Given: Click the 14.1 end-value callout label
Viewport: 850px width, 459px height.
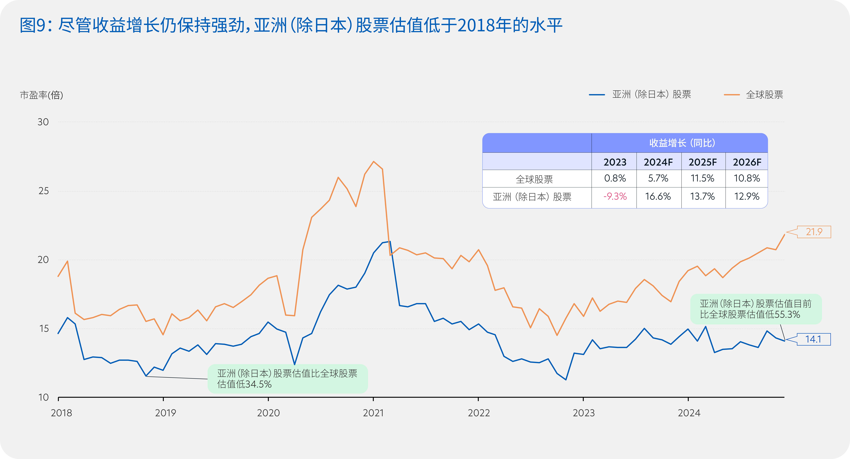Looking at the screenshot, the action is click(x=813, y=339).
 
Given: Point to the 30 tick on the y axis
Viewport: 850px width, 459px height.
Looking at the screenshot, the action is click(x=43, y=122).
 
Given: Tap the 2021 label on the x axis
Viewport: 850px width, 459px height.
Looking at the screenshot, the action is click(x=373, y=413).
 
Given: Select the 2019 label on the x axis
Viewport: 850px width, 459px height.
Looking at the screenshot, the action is click(x=166, y=413).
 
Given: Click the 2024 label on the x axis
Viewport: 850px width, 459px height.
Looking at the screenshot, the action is click(x=689, y=413).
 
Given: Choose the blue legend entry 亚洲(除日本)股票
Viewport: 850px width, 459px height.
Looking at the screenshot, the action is click(x=640, y=95).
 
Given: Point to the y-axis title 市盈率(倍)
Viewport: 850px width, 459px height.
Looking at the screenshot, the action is click(x=42, y=95).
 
